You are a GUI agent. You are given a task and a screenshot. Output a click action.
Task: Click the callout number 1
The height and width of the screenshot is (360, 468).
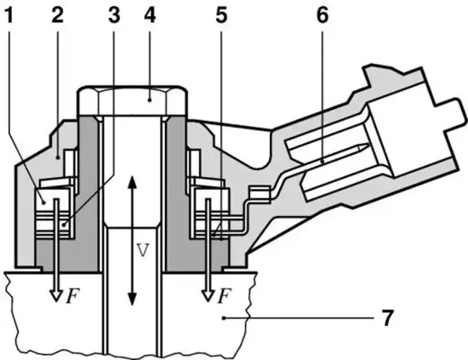pyautogui.click(x=9, y=15)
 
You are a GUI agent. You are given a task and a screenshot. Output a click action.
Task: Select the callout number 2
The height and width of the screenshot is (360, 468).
pyautogui.click(x=58, y=15)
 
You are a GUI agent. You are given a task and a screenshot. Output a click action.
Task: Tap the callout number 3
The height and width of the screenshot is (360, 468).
pyautogui.click(x=114, y=15)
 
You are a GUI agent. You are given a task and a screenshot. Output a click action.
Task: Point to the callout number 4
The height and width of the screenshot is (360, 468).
pyautogui.click(x=150, y=15)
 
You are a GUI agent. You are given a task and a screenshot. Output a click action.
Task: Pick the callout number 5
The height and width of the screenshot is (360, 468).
pyautogui.click(x=221, y=15)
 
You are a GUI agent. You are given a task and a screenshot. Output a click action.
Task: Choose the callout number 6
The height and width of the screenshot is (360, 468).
pyautogui.click(x=322, y=15)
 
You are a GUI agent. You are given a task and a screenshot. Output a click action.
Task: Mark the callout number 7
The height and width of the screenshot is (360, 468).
pyautogui.click(x=387, y=318)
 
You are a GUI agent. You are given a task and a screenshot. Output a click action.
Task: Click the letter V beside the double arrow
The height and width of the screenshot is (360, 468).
pyautogui.click(x=142, y=250)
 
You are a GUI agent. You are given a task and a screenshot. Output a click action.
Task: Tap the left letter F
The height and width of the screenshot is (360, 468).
pyautogui.click(x=73, y=296)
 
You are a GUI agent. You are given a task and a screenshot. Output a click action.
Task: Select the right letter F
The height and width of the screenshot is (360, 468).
pyautogui.click(x=224, y=296)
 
